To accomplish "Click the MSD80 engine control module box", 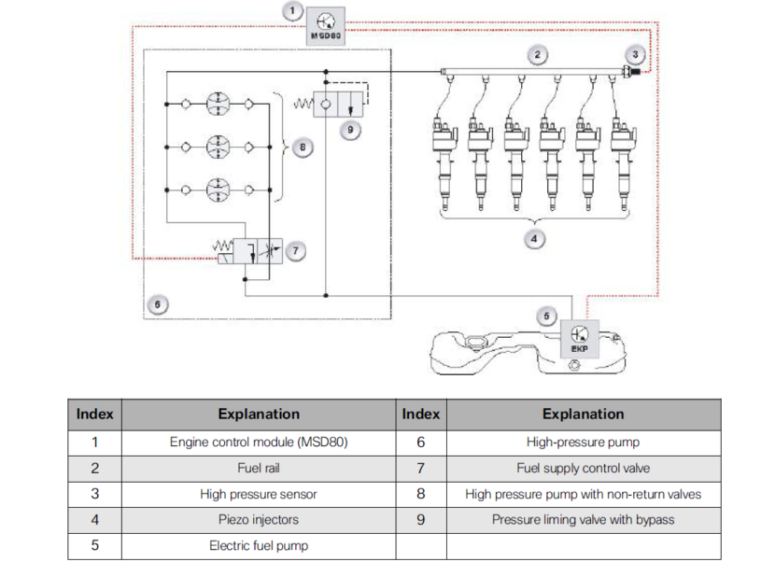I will [326, 26].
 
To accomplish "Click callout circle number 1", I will [292, 10].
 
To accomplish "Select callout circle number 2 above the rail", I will [537, 54].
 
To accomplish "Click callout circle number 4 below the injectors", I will [533, 238].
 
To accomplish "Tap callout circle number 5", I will [547, 316].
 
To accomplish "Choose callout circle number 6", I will [158, 304].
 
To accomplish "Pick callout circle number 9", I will [350, 130].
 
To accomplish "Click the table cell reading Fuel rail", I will [259, 468].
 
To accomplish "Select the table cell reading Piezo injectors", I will [259, 519].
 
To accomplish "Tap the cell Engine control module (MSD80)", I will [259, 443].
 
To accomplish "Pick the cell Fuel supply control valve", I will [583, 468].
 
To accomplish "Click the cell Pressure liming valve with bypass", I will [583, 519].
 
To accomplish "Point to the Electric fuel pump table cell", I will [259, 545].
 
